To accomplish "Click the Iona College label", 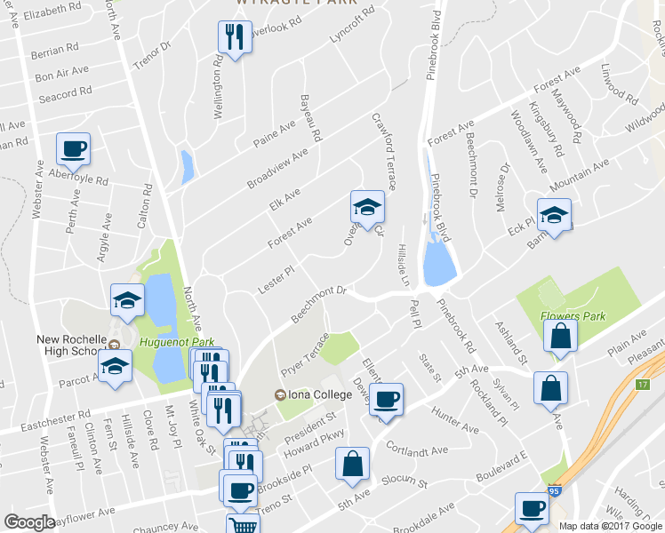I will (312, 395).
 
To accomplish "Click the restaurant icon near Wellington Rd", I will (232, 37).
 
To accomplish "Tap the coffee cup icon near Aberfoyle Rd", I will (73, 148).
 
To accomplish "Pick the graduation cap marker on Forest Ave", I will (367, 208).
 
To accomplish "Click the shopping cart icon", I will (242, 524).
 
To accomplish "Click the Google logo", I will (30, 522).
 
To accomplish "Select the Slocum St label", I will (405, 481).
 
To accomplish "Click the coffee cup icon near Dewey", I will (386, 399).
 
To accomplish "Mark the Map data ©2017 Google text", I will (611, 526).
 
